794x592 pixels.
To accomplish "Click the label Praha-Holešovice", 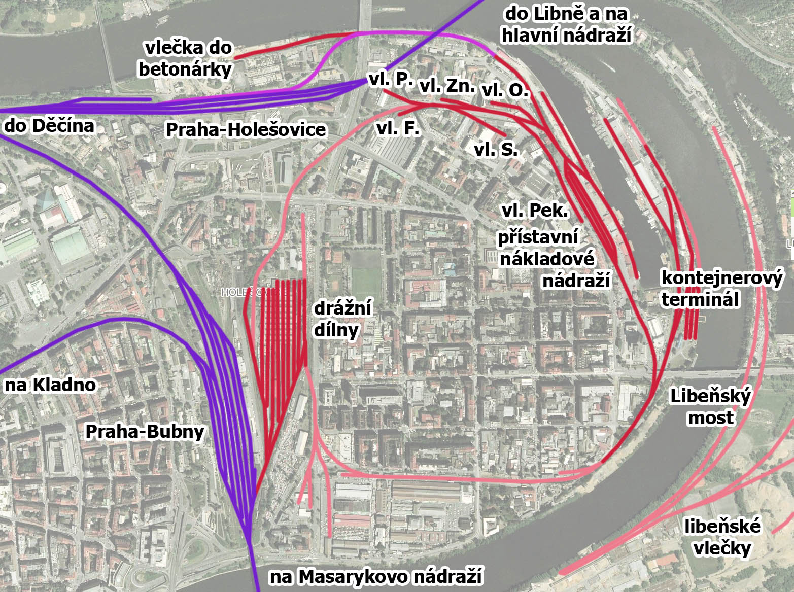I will (246, 129).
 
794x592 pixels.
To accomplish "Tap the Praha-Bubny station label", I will (145, 432).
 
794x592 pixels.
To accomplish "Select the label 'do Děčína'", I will (49, 125).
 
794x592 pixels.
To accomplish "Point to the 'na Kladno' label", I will (50, 385).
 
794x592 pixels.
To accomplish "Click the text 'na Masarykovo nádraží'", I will (375, 577).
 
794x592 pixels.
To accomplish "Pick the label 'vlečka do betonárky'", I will (186, 58).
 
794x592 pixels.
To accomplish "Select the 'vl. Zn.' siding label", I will (447, 86).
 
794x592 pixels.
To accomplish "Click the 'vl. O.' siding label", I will (505, 91).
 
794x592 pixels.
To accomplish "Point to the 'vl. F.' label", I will (398, 128).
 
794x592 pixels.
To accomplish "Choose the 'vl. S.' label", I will (496, 150).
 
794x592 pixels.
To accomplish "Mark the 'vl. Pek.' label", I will (535, 211).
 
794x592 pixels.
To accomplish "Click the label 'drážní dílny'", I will (342, 319).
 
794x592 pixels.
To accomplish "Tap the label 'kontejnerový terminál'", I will (722, 289).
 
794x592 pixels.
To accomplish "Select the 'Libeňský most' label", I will (710, 406).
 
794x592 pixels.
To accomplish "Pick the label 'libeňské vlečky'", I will (722, 537).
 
